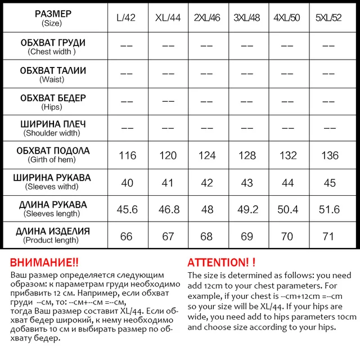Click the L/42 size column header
point(127,18)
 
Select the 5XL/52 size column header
point(328,18)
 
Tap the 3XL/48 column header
point(247,18)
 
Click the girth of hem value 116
point(128,155)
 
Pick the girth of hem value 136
point(330,155)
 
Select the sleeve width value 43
point(247,183)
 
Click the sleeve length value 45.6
point(127,210)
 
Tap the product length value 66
point(127,236)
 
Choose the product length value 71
point(330,236)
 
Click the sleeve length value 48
point(207,210)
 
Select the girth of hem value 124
point(207,155)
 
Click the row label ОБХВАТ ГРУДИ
point(52,43)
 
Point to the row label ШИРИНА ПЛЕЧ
point(52,124)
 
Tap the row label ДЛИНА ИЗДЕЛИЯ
point(52,231)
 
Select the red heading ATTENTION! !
point(221,263)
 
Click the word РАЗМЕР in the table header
point(53,14)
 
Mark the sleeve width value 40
point(127,183)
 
